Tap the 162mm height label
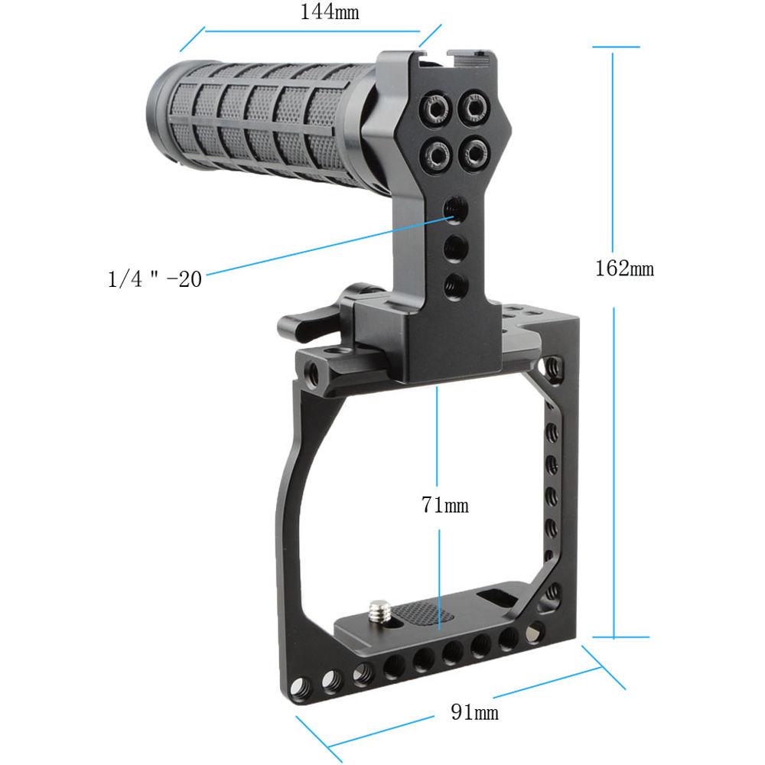(x=624, y=269)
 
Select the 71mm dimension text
(x=444, y=505)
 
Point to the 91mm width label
(x=474, y=713)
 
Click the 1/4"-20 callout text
(x=155, y=279)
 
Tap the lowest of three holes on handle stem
(x=454, y=284)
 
